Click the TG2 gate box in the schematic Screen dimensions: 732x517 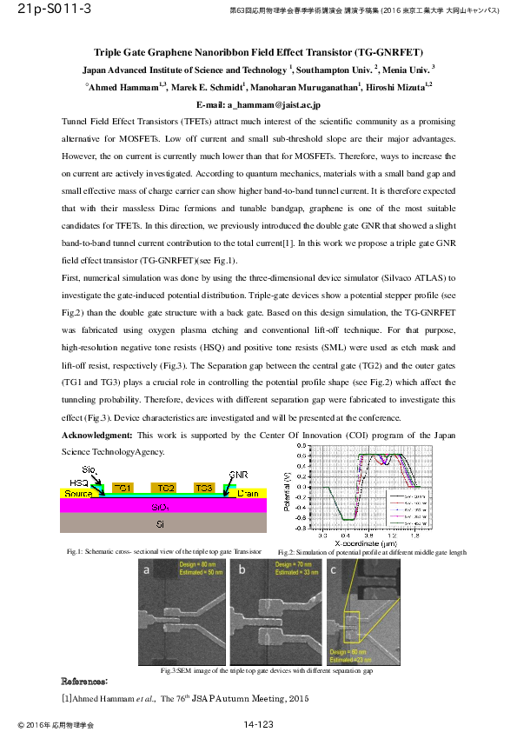(167, 488)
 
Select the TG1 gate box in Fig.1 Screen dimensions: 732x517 (122, 488)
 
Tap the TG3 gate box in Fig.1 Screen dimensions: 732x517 (204, 488)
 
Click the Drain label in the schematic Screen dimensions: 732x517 (249, 494)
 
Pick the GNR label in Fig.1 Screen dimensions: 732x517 (239, 476)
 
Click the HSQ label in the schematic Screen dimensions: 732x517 (79, 482)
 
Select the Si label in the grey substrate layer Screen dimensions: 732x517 (160, 524)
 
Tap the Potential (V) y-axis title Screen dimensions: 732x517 (288, 491)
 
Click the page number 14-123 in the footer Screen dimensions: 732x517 (259, 723)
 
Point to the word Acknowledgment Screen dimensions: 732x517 (97, 434)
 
